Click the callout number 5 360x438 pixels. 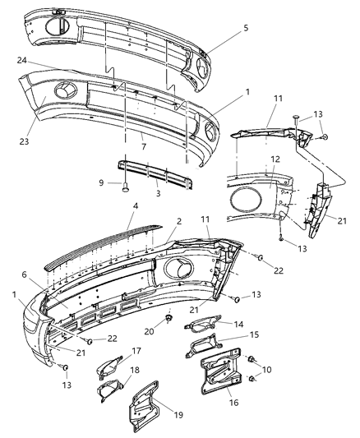pos(222,29)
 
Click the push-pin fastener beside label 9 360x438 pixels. pos(125,187)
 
